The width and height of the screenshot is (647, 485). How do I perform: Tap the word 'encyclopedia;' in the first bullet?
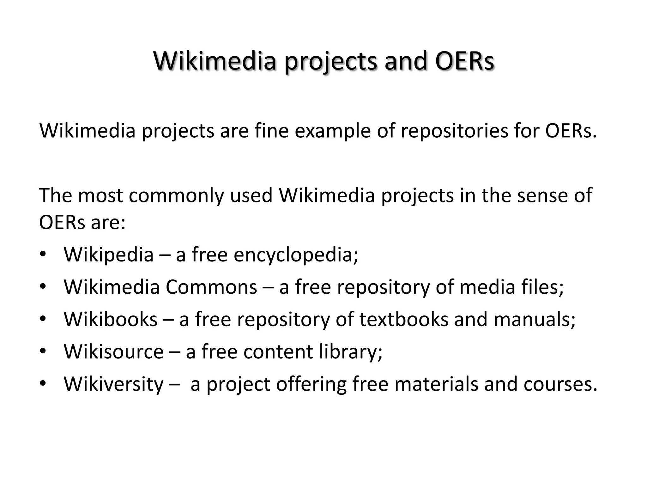click(x=296, y=254)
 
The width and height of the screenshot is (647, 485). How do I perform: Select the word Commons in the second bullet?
click(x=211, y=287)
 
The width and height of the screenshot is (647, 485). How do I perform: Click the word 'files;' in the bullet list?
click(x=542, y=287)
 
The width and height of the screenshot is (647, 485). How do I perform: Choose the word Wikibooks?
click(x=111, y=319)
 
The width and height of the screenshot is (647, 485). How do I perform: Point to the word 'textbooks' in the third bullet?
click(x=404, y=319)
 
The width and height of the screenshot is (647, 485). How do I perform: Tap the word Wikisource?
click(x=114, y=351)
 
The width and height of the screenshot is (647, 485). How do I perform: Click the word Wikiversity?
click(x=114, y=384)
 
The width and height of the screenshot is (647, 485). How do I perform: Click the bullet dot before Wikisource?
click(x=43, y=351)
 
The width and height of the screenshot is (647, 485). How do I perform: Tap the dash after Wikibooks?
click(x=168, y=320)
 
